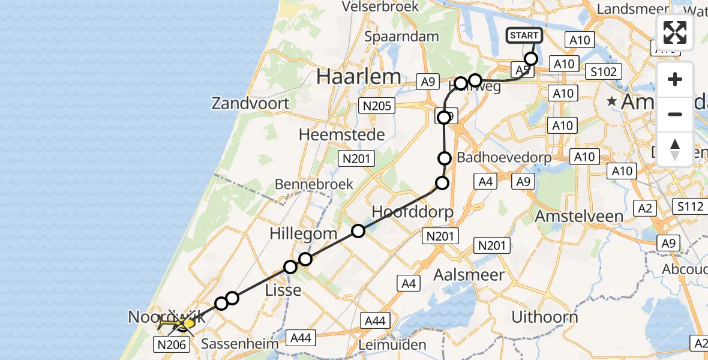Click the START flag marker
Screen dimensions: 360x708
[x=524, y=36]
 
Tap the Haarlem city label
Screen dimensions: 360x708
[x=359, y=76]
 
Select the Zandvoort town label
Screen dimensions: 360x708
[x=250, y=103]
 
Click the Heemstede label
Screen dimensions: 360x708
[x=341, y=135]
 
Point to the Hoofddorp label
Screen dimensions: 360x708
[x=412, y=212]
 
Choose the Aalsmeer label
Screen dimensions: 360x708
[x=469, y=275]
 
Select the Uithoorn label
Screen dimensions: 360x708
[x=545, y=316]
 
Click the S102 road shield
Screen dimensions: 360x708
[x=605, y=72]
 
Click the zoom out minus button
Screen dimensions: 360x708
[x=675, y=114]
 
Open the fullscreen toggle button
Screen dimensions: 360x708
[x=675, y=32]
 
